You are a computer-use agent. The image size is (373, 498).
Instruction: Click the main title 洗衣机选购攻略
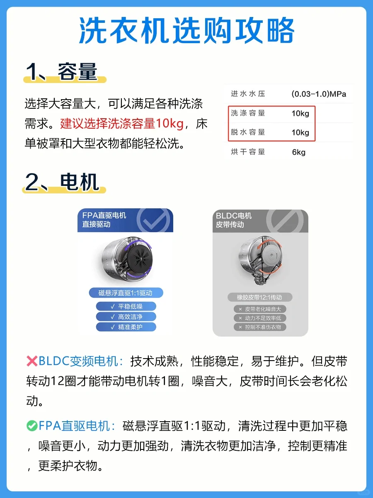click(x=186, y=30)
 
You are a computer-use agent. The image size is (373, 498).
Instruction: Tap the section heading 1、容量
click(x=62, y=72)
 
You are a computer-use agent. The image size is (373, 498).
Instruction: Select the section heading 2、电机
click(x=62, y=182)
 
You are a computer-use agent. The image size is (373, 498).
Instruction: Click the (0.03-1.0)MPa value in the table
click(x=319, y=94)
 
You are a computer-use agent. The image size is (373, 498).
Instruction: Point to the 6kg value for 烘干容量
click(x=298, y=152)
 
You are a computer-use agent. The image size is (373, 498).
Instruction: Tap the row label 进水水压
click(x=248, y=94)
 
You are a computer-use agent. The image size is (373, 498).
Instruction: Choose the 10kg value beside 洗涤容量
click(x=300, y=113)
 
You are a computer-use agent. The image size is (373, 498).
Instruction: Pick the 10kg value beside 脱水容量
click(x=300, y=132)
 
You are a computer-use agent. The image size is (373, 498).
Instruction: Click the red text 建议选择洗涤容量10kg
click(x=121, y=124)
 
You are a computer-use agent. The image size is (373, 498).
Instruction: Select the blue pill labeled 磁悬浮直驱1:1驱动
click(x=126, y=293)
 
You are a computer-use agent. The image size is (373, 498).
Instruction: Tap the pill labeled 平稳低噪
click(x=126, y=306)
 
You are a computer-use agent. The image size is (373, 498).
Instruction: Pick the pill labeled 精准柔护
click(x=126, y=327)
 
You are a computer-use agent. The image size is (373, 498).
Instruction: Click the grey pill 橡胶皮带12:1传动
click(x=260, y=297)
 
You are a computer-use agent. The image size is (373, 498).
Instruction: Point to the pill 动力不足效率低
click(x=260, y=318)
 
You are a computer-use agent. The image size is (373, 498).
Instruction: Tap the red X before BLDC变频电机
click(x=32, y=361)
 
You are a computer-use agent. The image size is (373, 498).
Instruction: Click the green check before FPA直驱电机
click(x=32, y=426)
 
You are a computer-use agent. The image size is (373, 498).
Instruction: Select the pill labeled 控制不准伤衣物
click(x=260, y=327)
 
